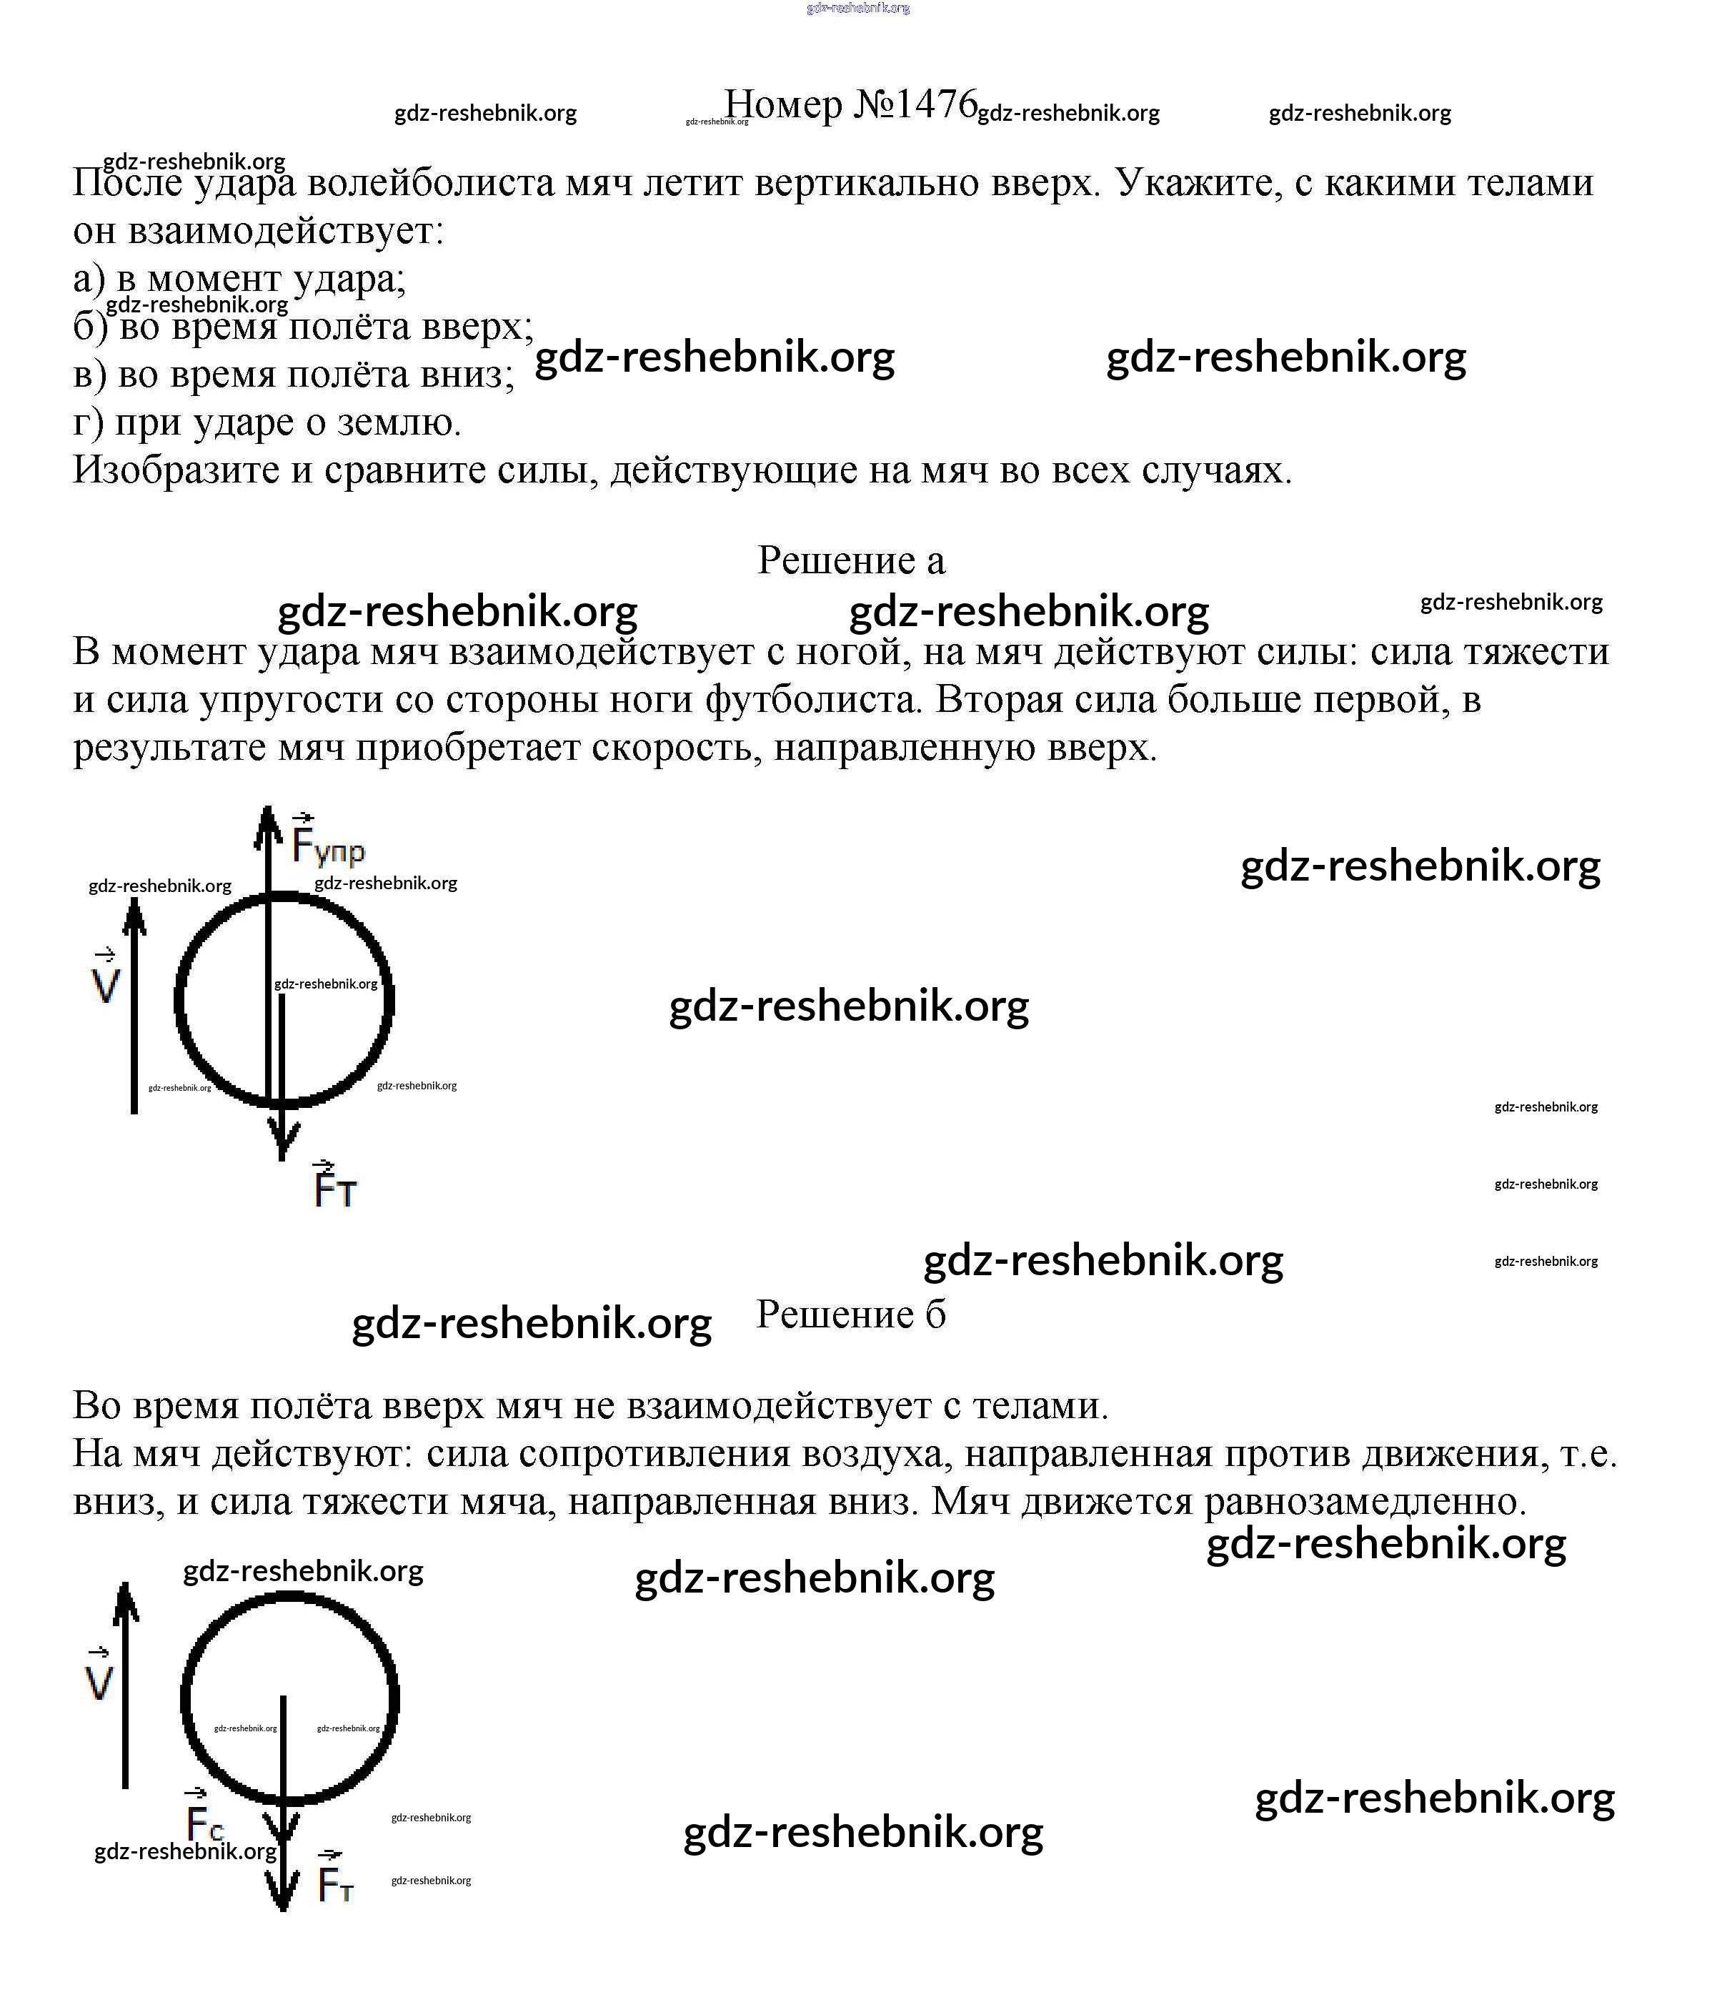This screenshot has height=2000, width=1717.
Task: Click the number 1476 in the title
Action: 935,103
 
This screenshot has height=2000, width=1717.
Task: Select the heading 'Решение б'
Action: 850,1314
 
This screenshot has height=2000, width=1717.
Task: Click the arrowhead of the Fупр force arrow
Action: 267,827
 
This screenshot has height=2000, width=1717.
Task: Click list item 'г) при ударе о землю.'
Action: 267,422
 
